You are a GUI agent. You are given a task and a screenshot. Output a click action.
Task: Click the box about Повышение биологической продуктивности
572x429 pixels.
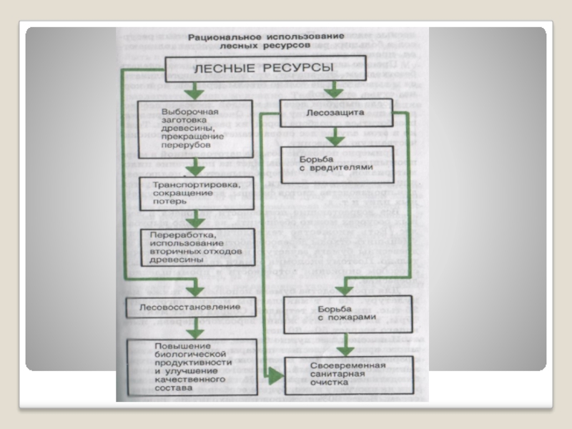pos(193,368)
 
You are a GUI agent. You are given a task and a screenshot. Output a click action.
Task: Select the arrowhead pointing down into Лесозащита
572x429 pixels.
pos(333,91)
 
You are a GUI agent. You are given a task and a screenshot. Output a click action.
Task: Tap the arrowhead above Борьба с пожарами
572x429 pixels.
pos(344,288)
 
